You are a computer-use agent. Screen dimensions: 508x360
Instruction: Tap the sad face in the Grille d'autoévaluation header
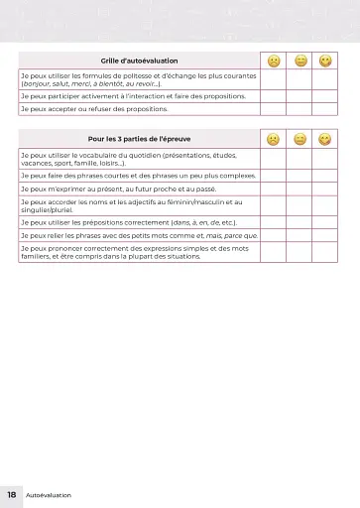coord(273,62)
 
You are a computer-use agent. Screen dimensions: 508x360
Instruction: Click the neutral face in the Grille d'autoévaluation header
coord(300,62)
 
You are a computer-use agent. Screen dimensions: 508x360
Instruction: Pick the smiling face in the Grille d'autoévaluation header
coord(325,62)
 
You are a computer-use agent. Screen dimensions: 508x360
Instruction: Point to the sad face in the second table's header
coord(273,138)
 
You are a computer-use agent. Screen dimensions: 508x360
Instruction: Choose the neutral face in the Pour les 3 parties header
coord(300,138)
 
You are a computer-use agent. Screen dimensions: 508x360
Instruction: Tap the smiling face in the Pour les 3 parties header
coord(325,138)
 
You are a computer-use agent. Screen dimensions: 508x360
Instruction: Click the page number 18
coord(11,494)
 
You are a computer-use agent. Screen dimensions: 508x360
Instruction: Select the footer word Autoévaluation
coord(49,494)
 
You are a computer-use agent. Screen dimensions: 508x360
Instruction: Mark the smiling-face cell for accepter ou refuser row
coord(325,109)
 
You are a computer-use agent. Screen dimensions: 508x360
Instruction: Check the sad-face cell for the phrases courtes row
coord(273,175)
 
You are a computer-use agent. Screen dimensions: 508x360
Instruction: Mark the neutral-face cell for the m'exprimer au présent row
coord(300,187)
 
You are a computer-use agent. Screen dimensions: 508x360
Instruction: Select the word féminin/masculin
coord(194,201)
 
